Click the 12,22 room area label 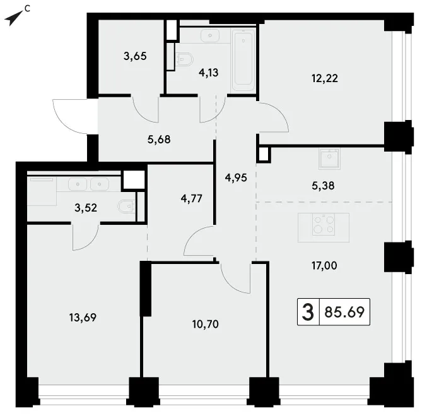tap(325, 78)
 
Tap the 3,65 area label tap(135, 56)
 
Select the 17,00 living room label tap(324, 265)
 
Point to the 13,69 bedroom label tap(83, 318)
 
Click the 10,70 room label tap(206, 324)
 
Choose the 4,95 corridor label tap(236, 178)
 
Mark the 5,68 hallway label tap(159, 140)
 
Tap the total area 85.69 tap(344, 312)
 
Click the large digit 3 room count tap(308, 312)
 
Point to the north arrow tap(14, 18)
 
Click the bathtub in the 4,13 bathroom tap(243, 60)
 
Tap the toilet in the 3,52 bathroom tap(127, 207)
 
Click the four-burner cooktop tap(324, 224)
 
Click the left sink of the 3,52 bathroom tap(78, 184)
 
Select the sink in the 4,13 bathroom tap(210, 36)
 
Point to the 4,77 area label tap(192, 198)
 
